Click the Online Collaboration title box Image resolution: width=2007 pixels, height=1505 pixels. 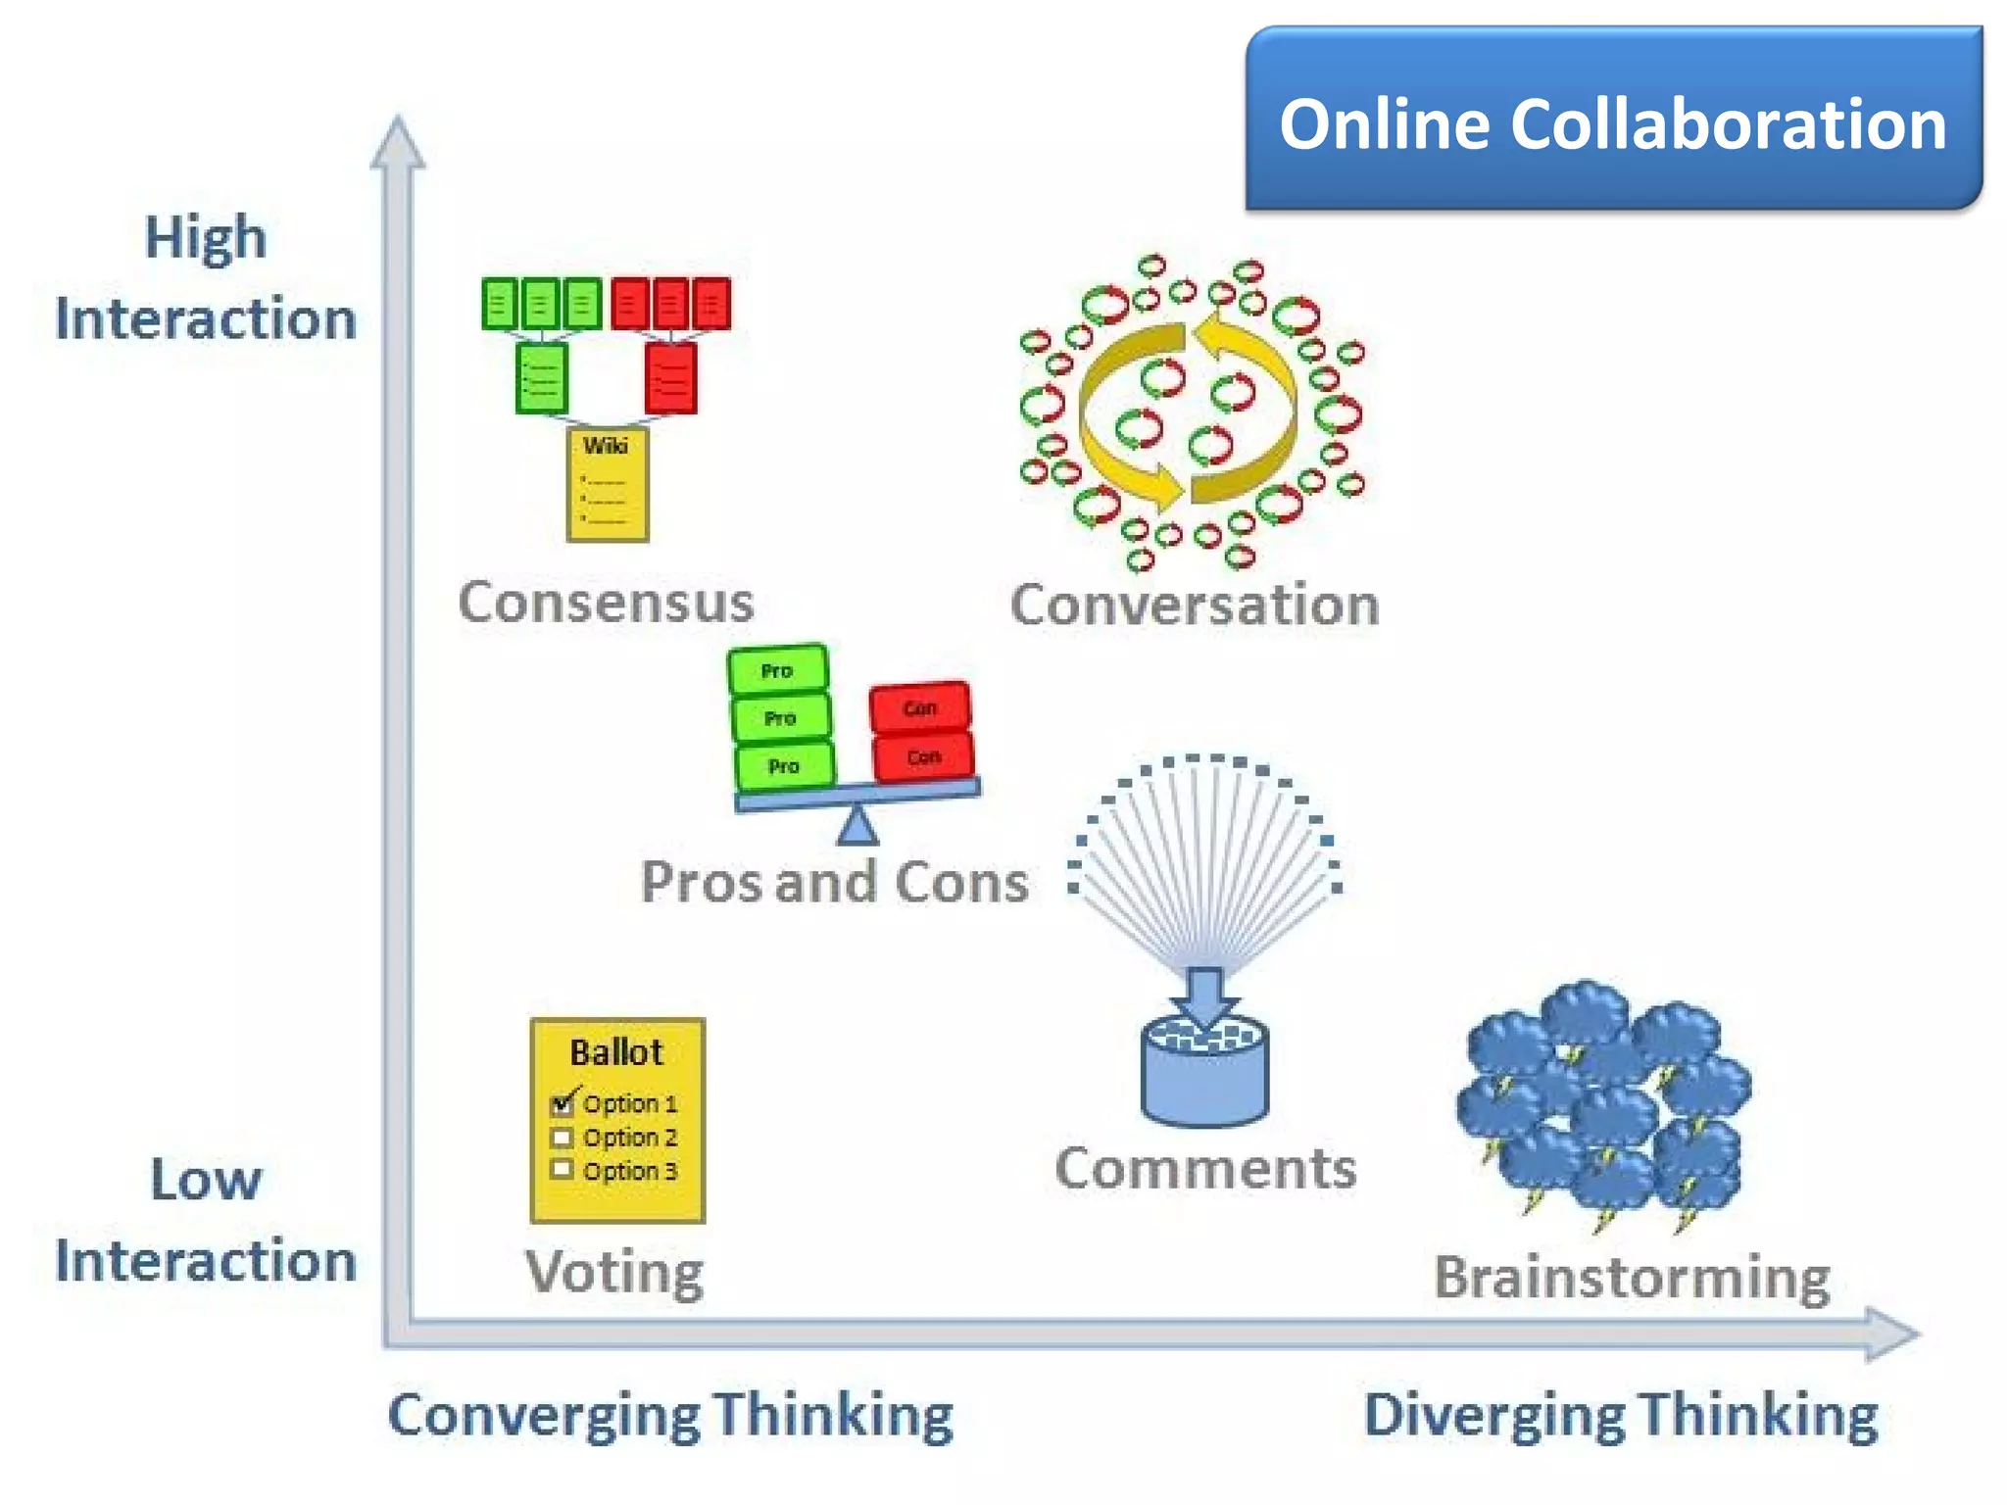(x=1613, y=120)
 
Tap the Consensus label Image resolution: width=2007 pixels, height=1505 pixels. (x=606, y=602)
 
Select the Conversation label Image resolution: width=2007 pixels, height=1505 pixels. (x=1195, y=605)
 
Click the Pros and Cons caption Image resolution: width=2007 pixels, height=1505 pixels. (x=835, y=882)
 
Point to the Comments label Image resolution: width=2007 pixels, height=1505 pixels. (x=1205, y=1168)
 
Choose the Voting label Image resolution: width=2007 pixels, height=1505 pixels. (x=614, y=1272)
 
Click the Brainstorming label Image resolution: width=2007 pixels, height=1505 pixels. (x=1632, y=1278)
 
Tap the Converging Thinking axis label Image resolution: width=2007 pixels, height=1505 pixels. (x=671, y=1415)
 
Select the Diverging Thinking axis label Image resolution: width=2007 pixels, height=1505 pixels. (x=1621, y=1415)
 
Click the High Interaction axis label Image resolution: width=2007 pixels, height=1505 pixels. (x=206, y=278)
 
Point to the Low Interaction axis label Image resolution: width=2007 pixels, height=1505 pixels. (x=206, y=1220)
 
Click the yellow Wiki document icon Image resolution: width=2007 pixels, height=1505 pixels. (x=608, y=484)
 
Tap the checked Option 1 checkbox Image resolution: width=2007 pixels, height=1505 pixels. (x=563, y=1104)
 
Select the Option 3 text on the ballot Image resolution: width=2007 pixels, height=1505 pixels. (x=630, y=1171)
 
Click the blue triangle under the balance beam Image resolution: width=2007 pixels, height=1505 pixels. (x=857, y=827)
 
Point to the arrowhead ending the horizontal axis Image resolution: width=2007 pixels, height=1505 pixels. (x=1890, y=1334)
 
